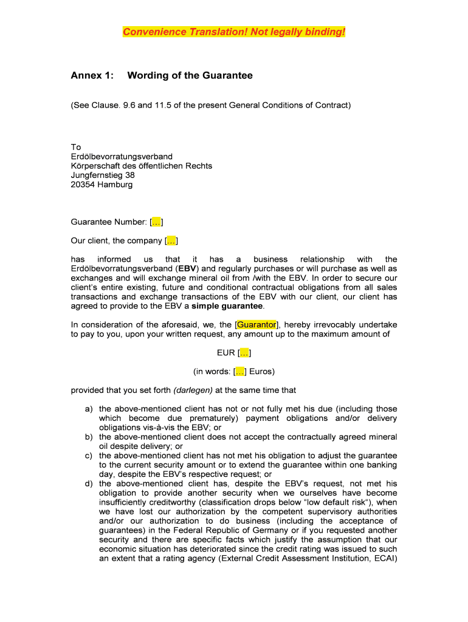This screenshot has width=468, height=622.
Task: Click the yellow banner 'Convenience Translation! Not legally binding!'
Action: click(233, 32)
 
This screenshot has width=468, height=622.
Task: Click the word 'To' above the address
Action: click(75, 147)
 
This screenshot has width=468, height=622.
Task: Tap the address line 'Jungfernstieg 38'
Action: click(103, 175)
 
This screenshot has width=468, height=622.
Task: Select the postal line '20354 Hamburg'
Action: click(102, 184)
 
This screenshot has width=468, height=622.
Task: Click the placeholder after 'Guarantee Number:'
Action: click(156, 222)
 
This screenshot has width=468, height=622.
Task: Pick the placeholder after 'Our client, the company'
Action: click(171, 241)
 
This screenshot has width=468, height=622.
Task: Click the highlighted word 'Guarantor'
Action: click(256, 324)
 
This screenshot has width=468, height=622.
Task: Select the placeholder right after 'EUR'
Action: click(244, 353)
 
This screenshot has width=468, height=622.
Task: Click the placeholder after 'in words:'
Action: click(240, 371)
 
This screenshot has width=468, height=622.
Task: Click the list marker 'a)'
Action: click(89, 409)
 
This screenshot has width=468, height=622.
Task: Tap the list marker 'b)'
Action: click(89, 437)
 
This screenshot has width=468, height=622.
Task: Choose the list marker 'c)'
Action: click(89, 456)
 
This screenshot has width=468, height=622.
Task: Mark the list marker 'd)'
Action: click(89, 484)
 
